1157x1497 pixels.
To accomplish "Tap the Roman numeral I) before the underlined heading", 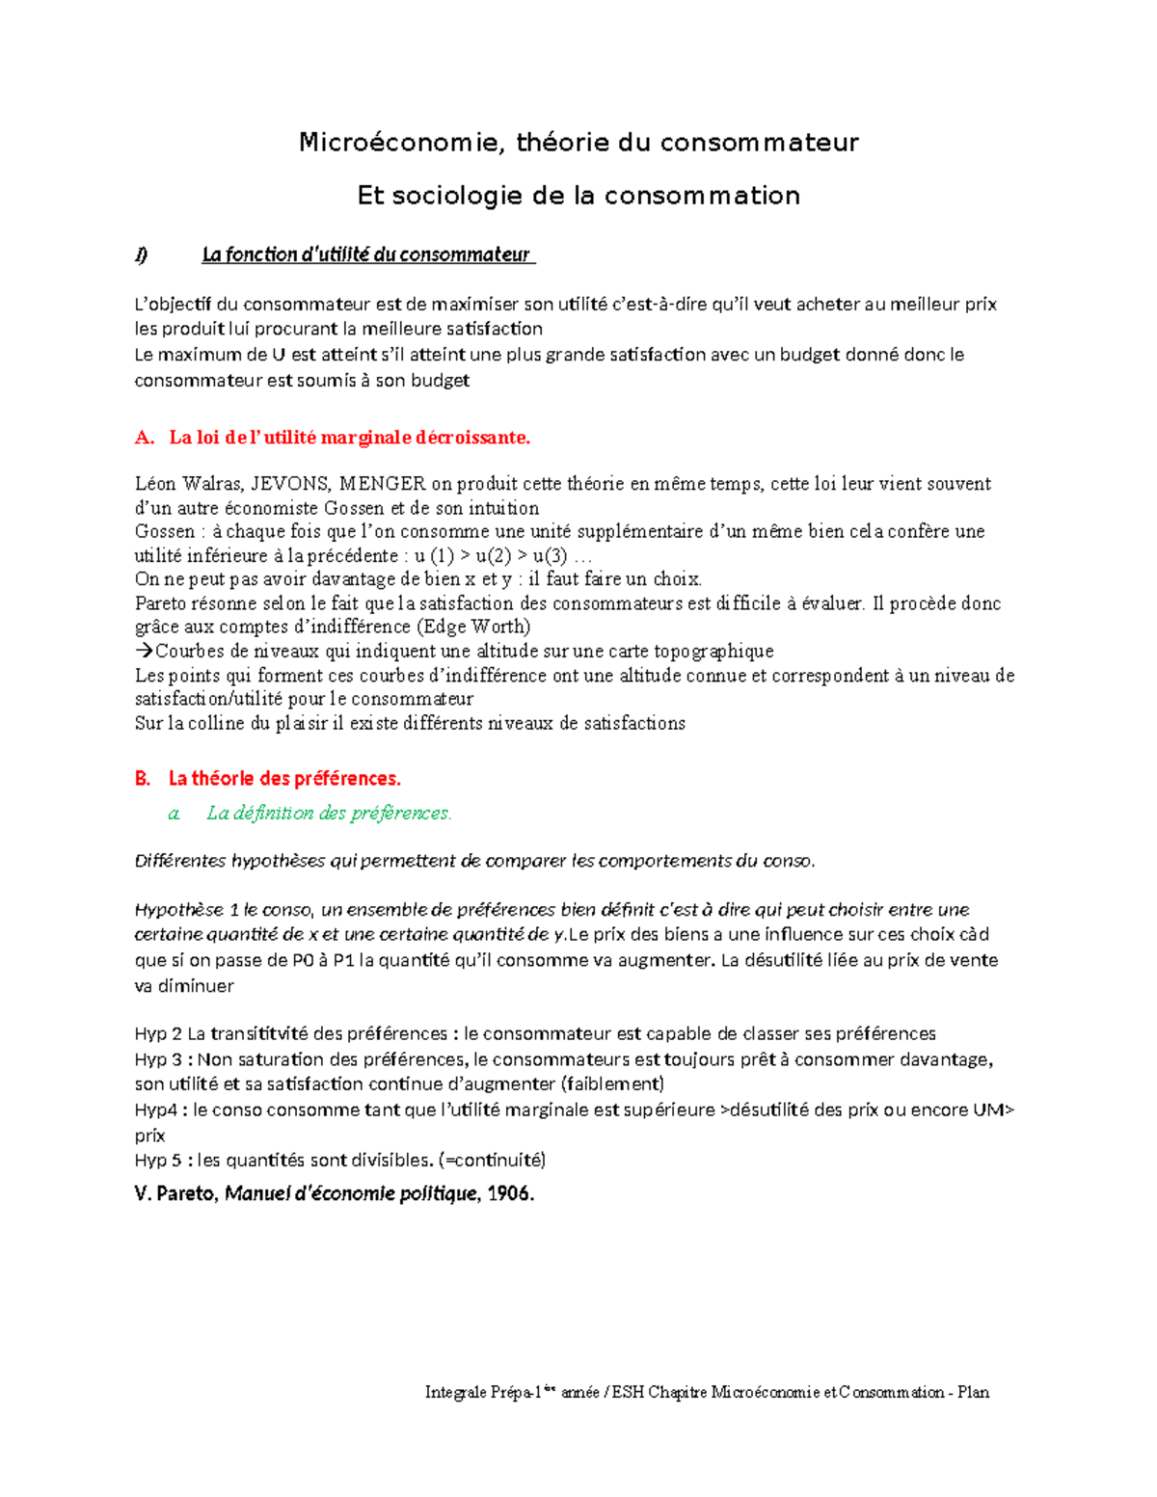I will pyautogui.click(x=142, y=254).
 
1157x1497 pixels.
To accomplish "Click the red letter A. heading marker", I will pyautogui.click(x=145, y=438).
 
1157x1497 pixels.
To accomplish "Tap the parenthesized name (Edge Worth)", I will pyautogui.click(x=479, y=628).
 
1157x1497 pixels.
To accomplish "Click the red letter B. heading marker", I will pyautogui.click(x=143, y=778).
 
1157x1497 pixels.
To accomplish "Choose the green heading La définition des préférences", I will pyautogui.click(x=328, y=813).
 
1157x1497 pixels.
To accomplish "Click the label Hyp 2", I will pyautogui.click(x=158, y=1034).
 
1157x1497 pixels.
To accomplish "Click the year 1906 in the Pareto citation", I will pyautogui.click(x=510, y=1194).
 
